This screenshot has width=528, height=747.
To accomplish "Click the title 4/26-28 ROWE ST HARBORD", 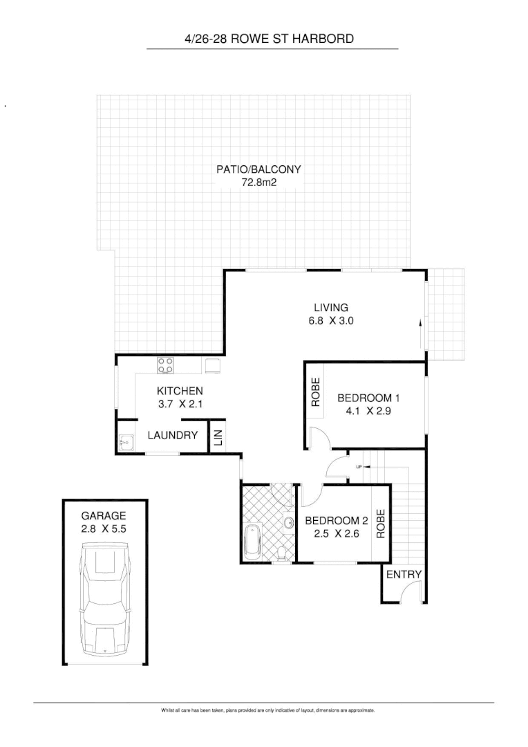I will (x=269, y=39).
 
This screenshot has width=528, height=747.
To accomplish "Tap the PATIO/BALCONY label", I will (x=258, y=169).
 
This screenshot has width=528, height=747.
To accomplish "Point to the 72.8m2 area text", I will (x=258, y=183).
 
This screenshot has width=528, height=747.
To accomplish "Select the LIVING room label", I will (x=331, y=308).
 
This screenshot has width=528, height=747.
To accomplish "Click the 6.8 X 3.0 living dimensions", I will (x=331, y=321).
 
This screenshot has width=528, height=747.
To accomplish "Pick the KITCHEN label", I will (x=180, y=391).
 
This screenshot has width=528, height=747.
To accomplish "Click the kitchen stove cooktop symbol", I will (x=165, y=365).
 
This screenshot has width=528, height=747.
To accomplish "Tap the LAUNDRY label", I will (x=173, y=436).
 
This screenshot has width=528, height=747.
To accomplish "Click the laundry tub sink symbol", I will (x=126, y=441).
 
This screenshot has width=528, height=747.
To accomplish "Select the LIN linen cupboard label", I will (x=217, y=437).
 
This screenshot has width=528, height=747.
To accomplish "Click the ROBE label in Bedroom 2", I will (x=380, y=524).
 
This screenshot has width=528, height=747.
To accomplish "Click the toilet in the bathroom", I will (x=281, y=552).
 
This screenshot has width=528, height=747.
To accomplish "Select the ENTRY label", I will (x=404, y=575).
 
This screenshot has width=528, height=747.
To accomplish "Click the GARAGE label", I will (x=104, y=515).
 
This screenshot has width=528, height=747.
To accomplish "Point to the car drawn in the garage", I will (x=105, y=599).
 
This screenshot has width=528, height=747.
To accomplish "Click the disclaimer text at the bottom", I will (x=267, y=710).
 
